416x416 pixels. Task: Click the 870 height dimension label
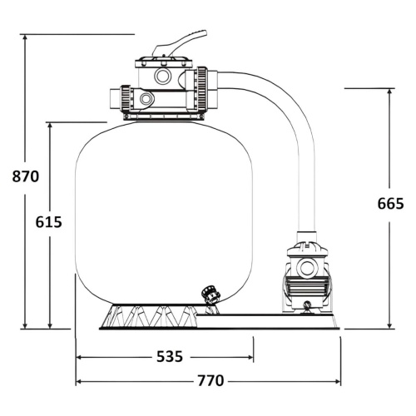[26, 176]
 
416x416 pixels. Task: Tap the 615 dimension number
[49, 222]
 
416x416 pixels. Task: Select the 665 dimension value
[390, 204]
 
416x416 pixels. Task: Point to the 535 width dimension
[170, 357]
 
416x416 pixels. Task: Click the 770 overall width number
[210, 380]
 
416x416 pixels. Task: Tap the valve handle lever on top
[181, 43]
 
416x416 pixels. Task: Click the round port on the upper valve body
[162, 76]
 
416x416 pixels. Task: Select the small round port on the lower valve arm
[146, 98]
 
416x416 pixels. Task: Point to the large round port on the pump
[307, 267]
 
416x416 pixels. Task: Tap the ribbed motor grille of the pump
[307, 288]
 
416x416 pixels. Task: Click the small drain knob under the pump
[307, 305]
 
